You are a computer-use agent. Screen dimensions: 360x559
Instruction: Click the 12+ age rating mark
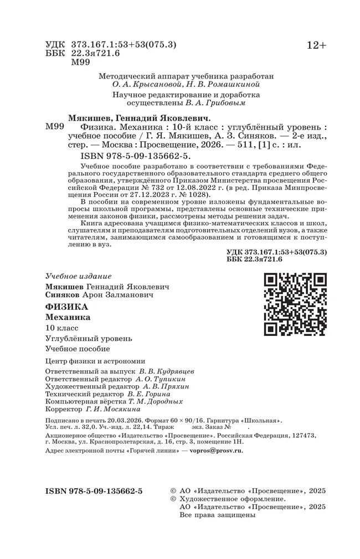[317, 46]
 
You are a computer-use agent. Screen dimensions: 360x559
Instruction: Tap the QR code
[295, 304]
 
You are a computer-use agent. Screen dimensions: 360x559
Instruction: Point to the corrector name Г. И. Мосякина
[116, 410]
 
